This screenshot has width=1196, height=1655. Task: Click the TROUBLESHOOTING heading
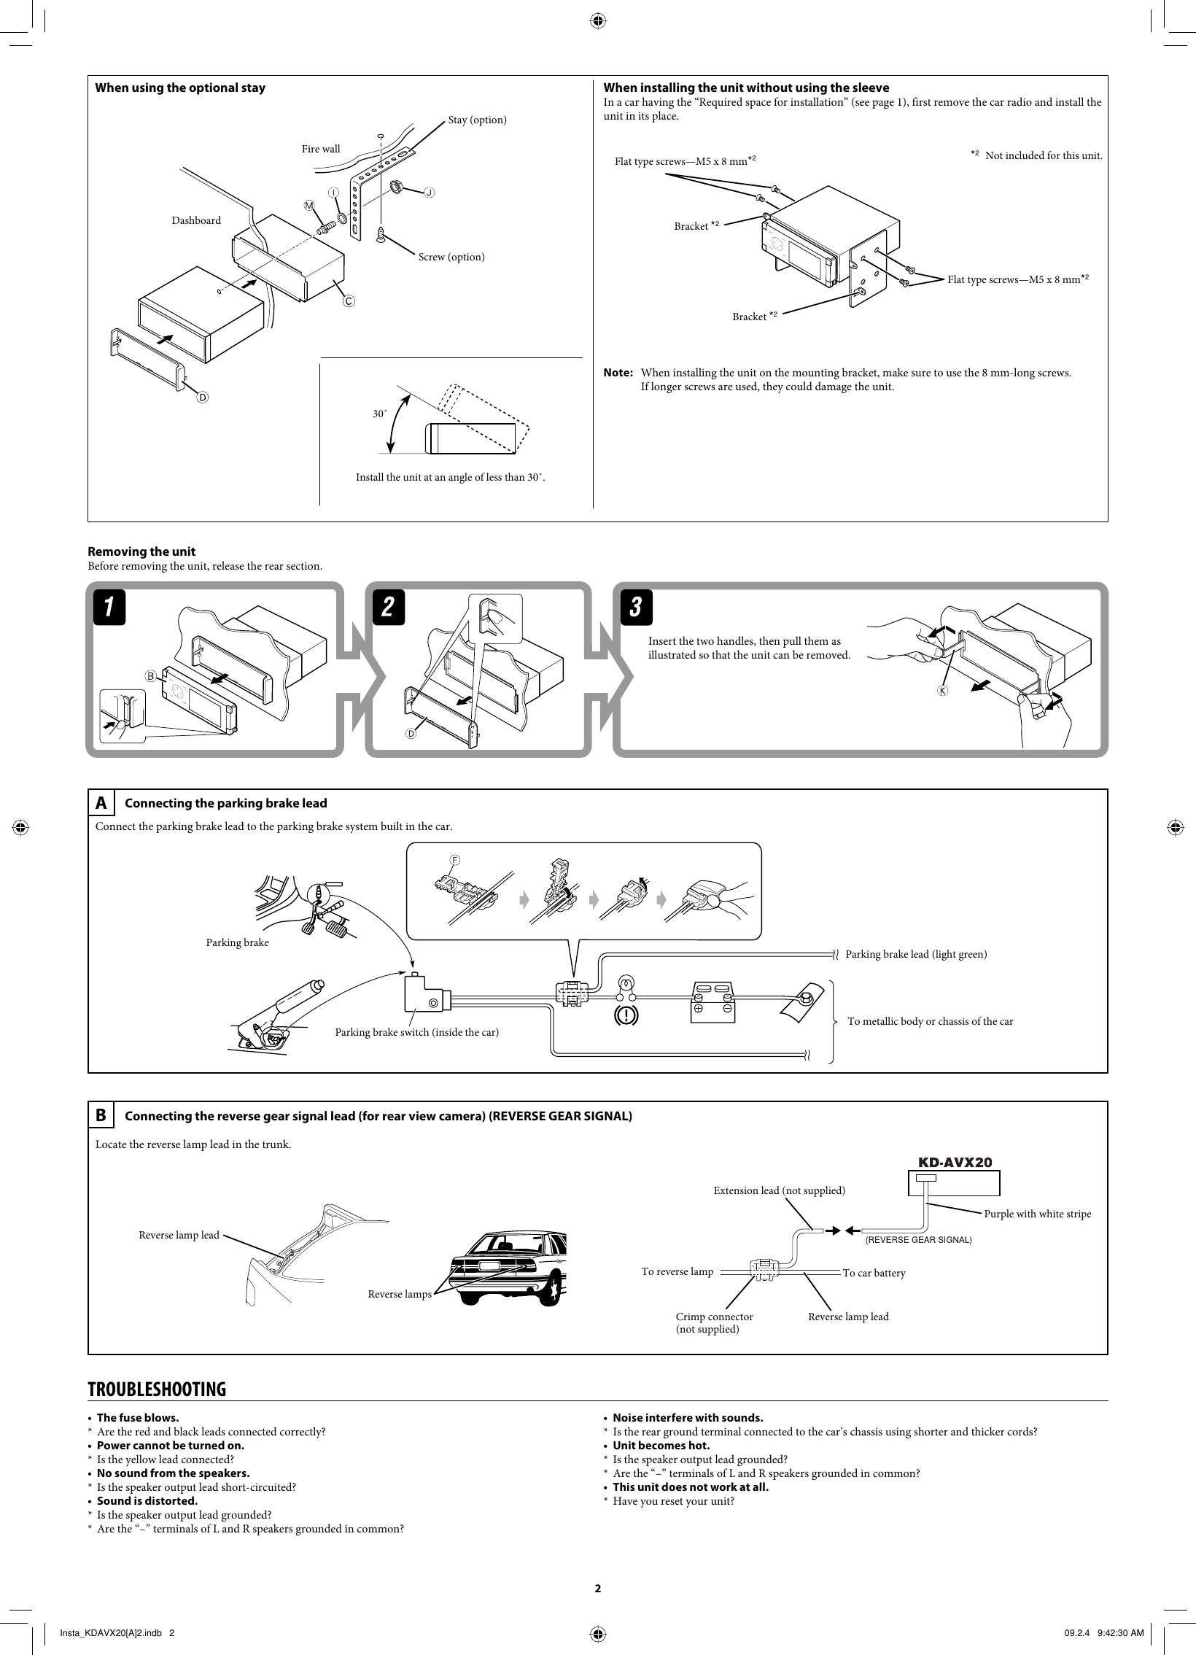click(x=157, y=1389)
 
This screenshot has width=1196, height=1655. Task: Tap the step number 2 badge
click(x=388, y=607)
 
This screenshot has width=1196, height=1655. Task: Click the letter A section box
click(x=101, y=803)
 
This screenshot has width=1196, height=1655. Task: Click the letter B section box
click(x=101, y=1116)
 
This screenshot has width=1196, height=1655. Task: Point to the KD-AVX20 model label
click(x=954, y=1163)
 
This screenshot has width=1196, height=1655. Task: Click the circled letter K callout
click(x=942, y=690)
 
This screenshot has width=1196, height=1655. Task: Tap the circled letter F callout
click(x=454, y=861)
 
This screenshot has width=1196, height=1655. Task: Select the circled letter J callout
click(x=429, y=193)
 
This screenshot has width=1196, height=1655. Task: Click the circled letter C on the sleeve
click(x=349, y=301)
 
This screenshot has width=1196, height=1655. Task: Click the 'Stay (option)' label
click(x=477, y=120)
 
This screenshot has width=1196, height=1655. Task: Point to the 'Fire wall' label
click(x=321, y=149)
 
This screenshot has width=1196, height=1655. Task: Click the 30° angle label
click(x=379, y=414)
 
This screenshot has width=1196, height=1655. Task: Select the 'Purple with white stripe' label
click(x=1037, y=1214)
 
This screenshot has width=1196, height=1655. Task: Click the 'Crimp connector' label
click(x=714, y=1317)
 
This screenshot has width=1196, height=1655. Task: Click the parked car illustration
click(x=508, y=1268)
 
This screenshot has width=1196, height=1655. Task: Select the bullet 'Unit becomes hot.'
click(x=661, y=1445)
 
